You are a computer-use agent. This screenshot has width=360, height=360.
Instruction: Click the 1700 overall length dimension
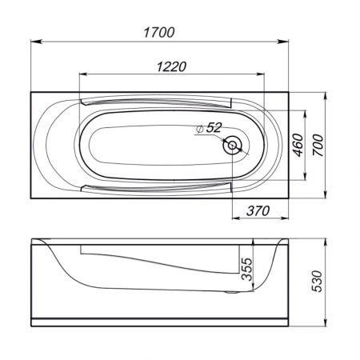click(159, 33)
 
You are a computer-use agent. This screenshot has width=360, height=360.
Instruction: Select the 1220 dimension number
click(171, 66)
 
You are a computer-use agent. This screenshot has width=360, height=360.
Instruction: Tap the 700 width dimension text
click(318, 145)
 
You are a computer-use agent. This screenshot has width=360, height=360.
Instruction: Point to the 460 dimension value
click(298, 145)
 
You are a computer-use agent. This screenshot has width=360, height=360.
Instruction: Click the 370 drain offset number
click(258, 211)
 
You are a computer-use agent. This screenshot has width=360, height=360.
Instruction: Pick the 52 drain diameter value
click(214, 127)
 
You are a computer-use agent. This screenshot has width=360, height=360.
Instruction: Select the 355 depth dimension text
click(246, 269)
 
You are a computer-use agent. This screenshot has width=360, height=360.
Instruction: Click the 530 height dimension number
click(318, 282)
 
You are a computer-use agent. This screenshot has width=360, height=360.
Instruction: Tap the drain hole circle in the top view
click(232, 146)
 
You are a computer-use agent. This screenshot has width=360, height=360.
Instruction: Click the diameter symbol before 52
click(199, 129)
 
